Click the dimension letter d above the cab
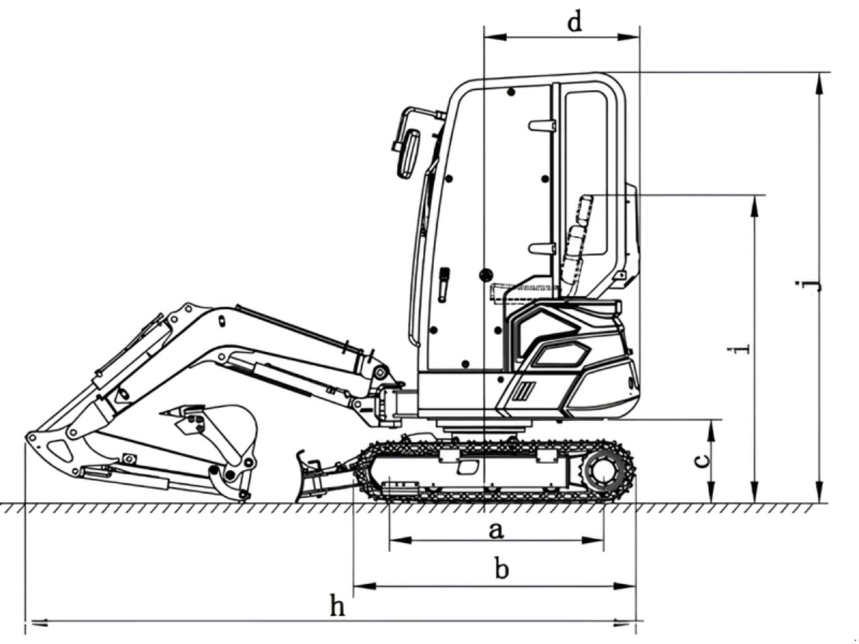tap(574, 22)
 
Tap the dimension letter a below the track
tap(495, 531)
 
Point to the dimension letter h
tap(337, 606)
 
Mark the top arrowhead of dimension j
tap(818, 83)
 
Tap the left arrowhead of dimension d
tap(495, 37)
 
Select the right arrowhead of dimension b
tap(624, 586)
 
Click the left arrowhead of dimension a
tap(401, 540)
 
